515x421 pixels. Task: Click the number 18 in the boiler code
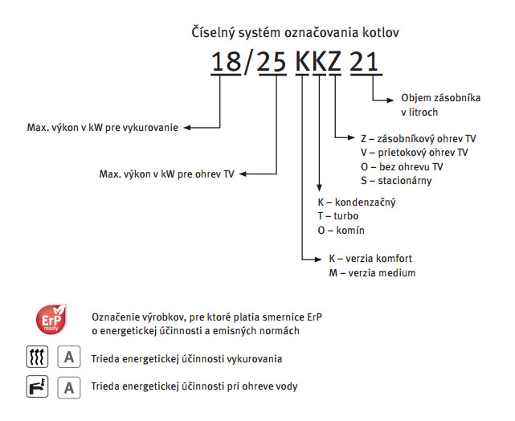[226, 61]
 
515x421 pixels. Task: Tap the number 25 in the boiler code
[272, 62]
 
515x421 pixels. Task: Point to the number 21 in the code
[364, 61]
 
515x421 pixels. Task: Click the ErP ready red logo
[51, 319]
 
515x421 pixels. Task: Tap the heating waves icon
[37, 357]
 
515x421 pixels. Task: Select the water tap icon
[37, 386]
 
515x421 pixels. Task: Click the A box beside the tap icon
[69, 387]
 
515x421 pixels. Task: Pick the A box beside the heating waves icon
[69, 357]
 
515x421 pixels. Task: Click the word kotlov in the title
[381, 32]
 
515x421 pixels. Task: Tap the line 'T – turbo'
[338, 216]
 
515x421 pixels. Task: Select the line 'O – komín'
[341, 231]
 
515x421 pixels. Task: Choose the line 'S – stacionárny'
[396, 181]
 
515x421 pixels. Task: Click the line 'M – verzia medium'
[372, 272]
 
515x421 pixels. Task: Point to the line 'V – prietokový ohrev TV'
[414, 153]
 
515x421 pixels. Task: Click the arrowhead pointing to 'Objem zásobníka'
[390, 100]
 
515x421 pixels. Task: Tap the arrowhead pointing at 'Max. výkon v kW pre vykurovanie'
[187, 128]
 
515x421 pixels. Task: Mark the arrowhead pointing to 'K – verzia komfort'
[318, 260]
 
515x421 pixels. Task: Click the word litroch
[423, 112]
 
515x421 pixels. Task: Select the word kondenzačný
[365, 202]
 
